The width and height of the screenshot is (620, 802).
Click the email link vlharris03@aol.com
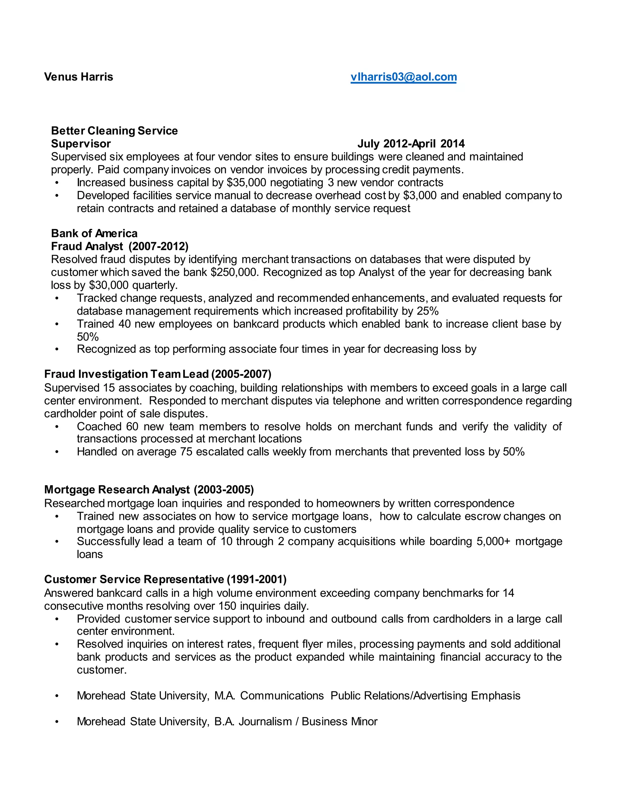point(403,77)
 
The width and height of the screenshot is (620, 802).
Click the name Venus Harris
point(79,77)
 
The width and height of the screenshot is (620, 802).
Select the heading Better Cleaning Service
point(114,131)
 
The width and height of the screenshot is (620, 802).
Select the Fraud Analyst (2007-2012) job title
point(120,246)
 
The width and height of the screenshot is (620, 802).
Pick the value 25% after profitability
point(427,311)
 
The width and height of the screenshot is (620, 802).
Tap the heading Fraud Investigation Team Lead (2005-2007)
point(157,374)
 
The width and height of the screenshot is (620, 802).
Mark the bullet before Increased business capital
point(57,183)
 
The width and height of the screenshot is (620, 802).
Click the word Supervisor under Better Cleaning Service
point(81,143)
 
